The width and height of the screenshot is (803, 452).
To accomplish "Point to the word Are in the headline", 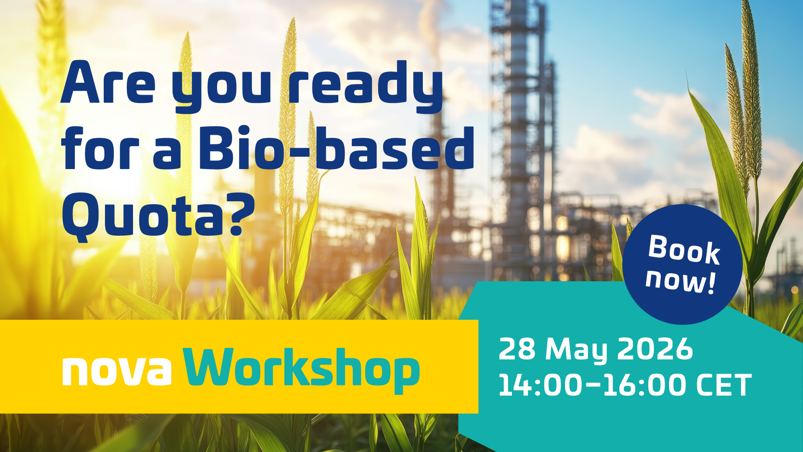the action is [x=108, y=83].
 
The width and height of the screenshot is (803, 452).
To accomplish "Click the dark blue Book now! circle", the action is [x=683, y=265].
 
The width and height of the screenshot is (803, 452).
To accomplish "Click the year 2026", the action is [x=655, y=349].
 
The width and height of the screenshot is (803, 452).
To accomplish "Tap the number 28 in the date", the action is [x=517, y=349].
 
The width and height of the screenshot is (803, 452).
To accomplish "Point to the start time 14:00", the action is [x=540, y=385].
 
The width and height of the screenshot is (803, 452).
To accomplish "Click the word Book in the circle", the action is [x=684, y=250].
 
